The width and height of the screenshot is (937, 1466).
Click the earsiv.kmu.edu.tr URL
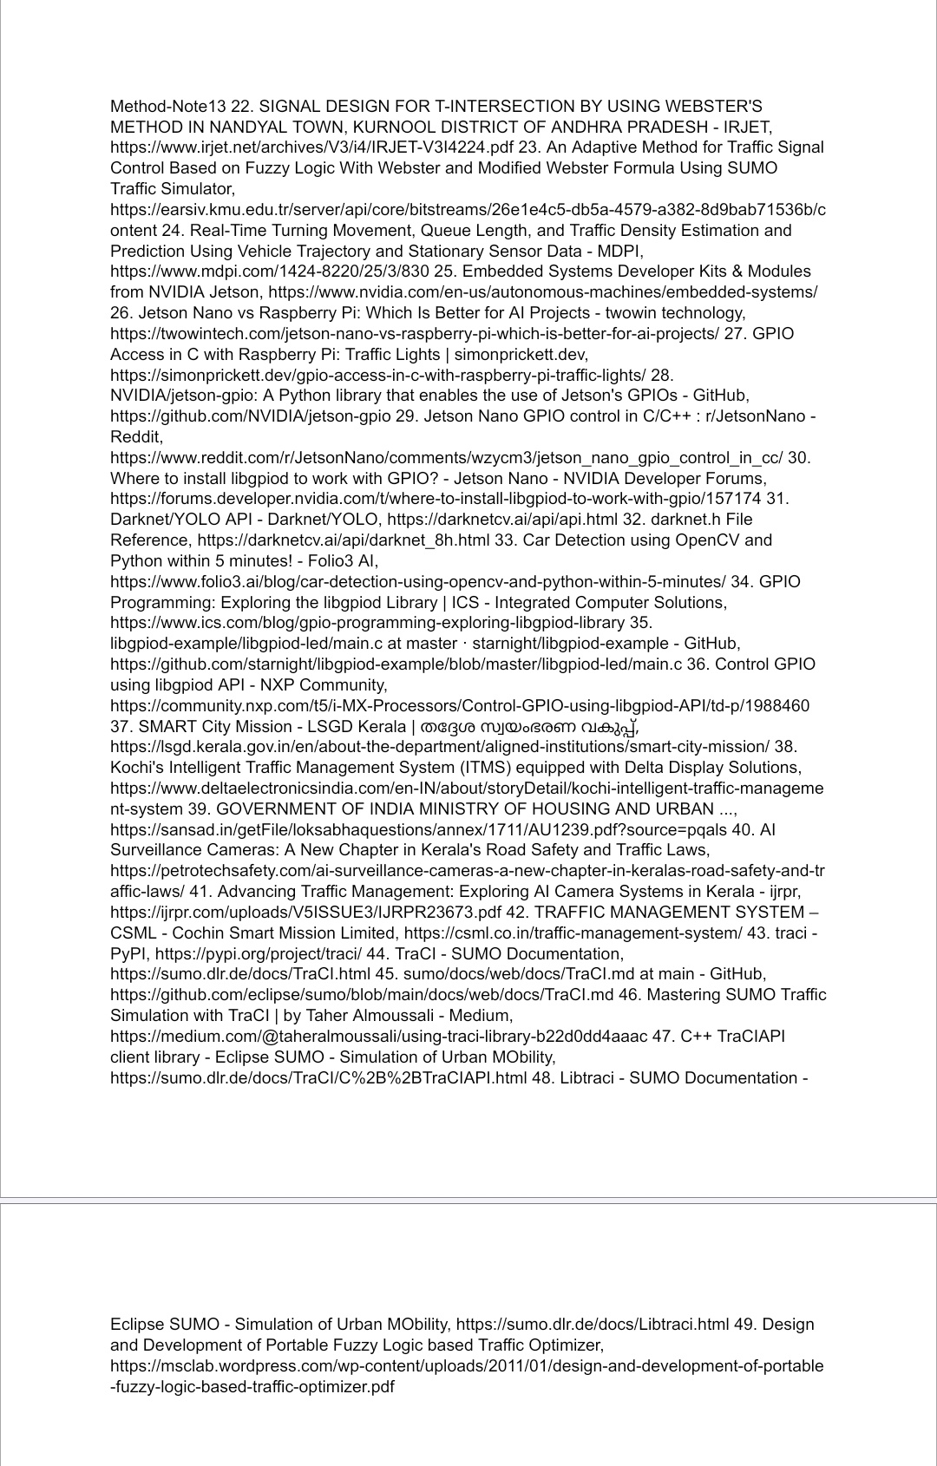(468, 210)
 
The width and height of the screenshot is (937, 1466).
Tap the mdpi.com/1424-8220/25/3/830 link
(269, 272)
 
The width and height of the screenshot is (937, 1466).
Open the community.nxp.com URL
(459, 706)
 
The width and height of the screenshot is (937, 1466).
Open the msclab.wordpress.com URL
(467, 1366)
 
